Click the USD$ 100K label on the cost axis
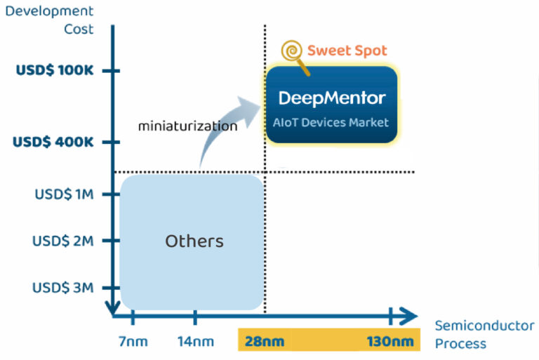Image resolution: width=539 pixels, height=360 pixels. click(53, 71)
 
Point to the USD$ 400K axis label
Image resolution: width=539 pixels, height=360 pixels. click(53, 142)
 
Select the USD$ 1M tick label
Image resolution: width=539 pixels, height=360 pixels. click(64, 194)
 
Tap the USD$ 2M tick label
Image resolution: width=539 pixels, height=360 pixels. click(63, 241)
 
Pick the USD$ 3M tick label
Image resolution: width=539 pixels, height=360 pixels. click(63, 288)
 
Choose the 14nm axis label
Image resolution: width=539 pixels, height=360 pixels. click(194, 342)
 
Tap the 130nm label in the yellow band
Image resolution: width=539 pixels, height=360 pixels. click(390, 342)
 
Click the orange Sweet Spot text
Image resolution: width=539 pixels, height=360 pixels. click(347, 51)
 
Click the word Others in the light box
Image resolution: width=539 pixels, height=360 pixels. click(194, 241)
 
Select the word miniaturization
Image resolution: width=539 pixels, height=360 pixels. click(187, 127)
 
